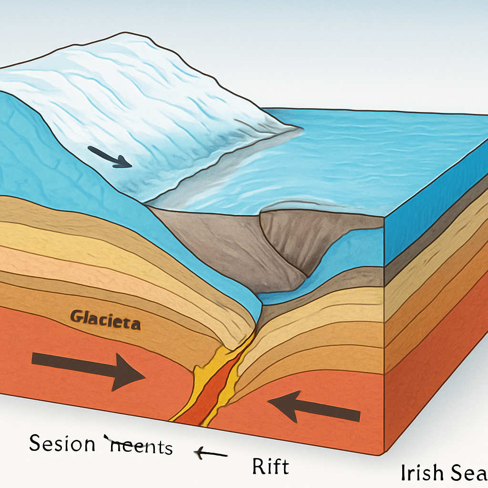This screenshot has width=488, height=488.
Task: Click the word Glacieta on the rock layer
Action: [x=105, y=320]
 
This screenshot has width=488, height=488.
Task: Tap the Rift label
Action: [x=270, y=466]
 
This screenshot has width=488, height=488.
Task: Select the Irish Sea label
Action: [x=444, y=472]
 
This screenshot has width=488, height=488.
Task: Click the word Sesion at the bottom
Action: [x=62, y=444]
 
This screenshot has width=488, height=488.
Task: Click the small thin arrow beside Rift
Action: [x=210, y=454]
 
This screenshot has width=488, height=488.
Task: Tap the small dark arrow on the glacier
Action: [x=110, y=157]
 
